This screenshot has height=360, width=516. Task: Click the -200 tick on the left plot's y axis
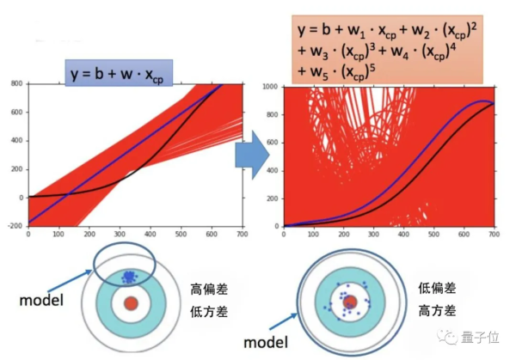click(x=15, y=226)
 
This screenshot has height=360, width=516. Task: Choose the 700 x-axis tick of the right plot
click(x=494, y=235)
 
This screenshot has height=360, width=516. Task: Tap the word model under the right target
click(x=272, y=341)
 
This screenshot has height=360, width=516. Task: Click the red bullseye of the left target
click(x=131, y=303)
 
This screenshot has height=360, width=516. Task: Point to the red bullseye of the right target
click(x=350, y=301)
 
